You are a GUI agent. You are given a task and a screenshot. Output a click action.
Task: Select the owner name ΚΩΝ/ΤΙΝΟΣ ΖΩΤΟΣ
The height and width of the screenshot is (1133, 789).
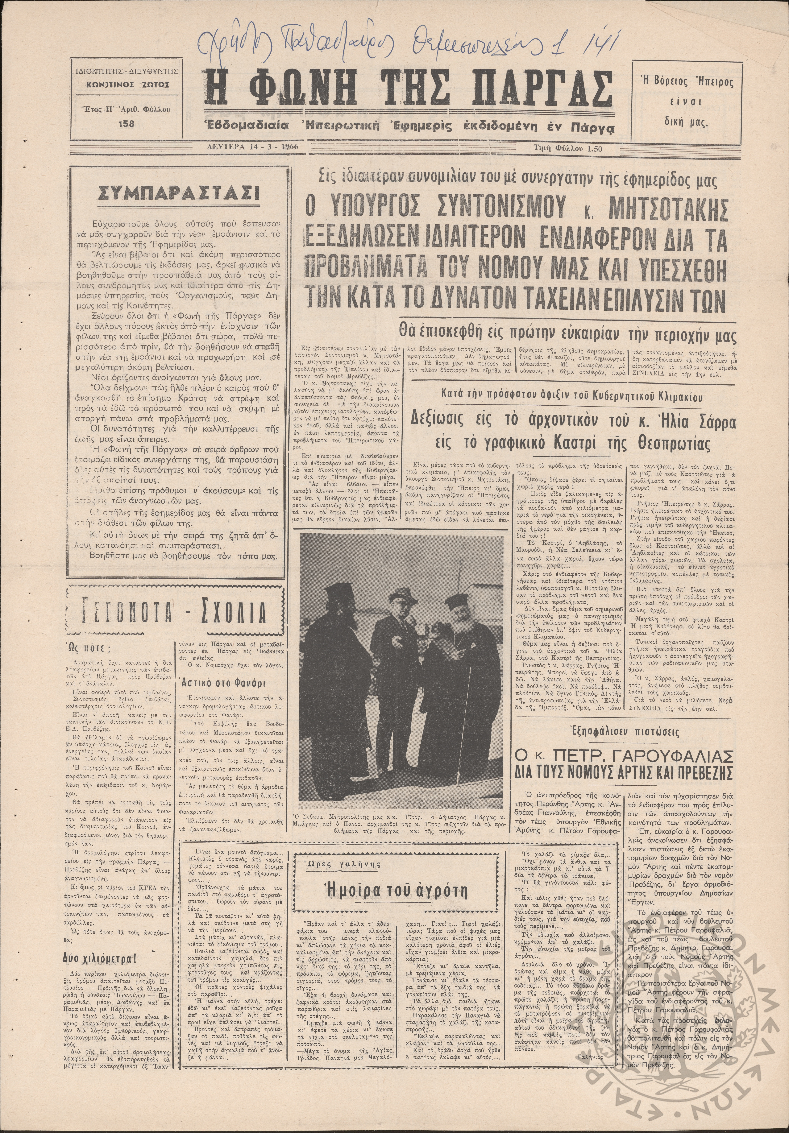click(126, 84)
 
